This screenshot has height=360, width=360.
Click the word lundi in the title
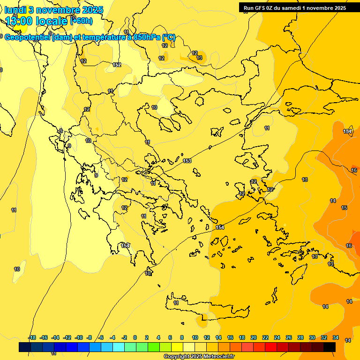coord(15,10)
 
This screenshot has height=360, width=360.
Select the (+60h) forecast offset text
coord(81,21)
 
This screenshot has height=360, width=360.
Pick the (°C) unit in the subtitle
coord(169,37)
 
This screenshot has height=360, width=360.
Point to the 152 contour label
coord(117,65)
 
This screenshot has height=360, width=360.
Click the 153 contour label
coord(187,161)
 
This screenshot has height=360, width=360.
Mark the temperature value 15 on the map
coord(344,208)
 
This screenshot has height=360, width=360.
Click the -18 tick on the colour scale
coord(32,337)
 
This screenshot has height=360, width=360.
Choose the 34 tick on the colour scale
coord(336,337)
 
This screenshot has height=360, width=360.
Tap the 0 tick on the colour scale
coord(135,337)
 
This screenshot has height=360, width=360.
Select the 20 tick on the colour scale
coord(254,337)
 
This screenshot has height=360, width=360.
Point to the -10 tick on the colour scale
coord(79,337)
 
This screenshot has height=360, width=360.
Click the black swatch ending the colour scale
coord(330,347)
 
